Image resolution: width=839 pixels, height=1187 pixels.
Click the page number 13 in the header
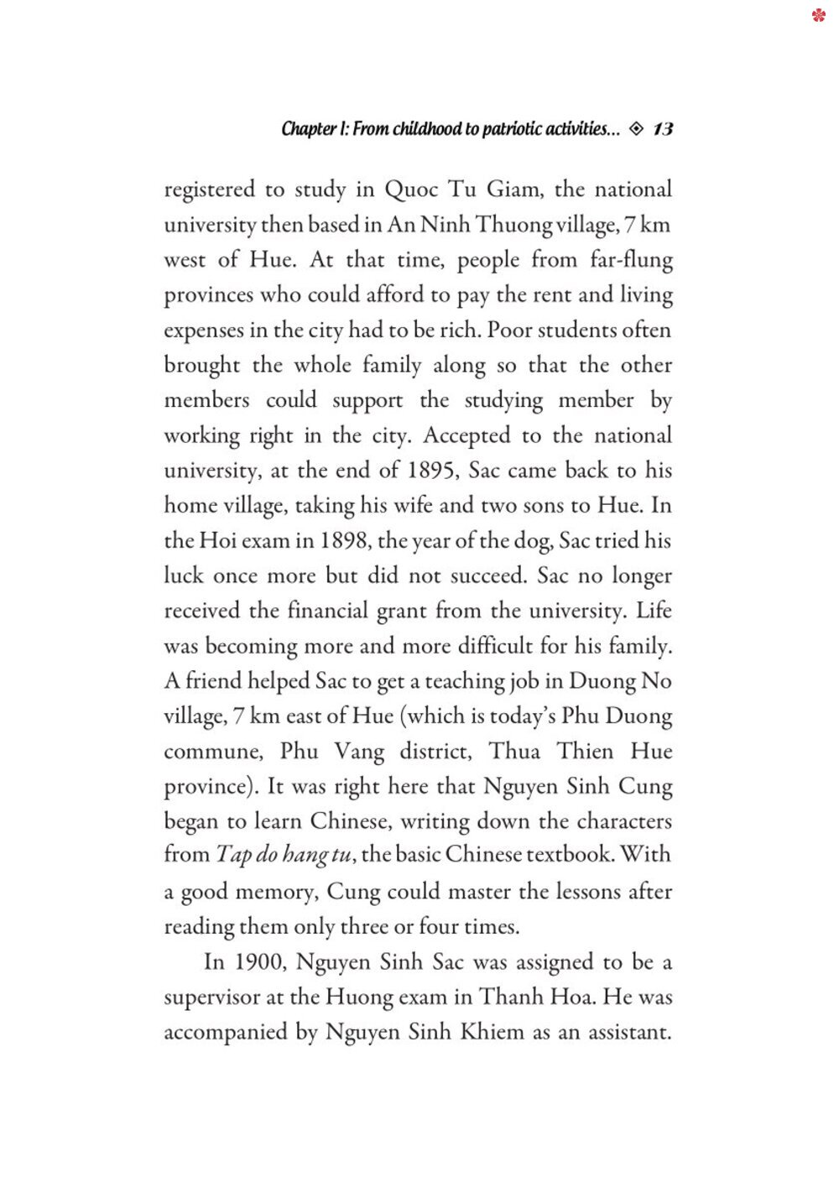(x=663, y=128)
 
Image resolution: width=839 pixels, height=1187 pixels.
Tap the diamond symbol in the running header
(x=636, y=128)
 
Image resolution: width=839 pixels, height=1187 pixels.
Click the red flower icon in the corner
(x=819, y=15)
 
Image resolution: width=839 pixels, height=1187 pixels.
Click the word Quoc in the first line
(x=409, y=190)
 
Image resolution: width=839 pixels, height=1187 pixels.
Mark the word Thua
(x=514, y=752)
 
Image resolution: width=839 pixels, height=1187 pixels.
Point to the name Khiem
(x=492, y=1033)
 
